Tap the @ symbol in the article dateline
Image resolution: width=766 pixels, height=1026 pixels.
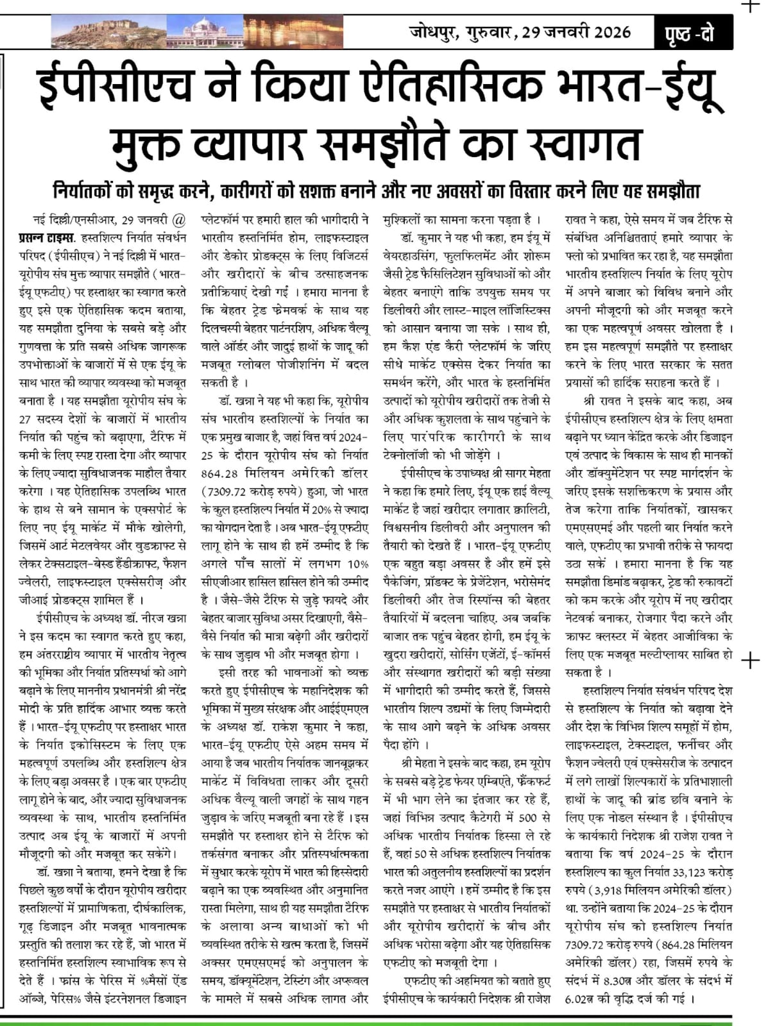click(x=180, y=219)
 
